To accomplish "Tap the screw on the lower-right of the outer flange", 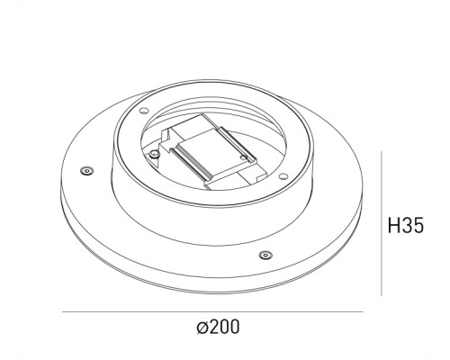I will pyautogui.click(x=264, y=255).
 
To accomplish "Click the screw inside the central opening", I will pyautogui.click(x=156, y=155).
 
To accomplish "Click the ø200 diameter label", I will pyautogui.click(x=218, y=328).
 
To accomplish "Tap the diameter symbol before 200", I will pyautogui.click(x=201, y=328).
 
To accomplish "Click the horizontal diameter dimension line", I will pyautogui.click(x=213, y=312).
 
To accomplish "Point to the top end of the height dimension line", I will pyautogui.click(x=382, y=153).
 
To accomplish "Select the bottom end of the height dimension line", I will pyautogui.click(x=382, y=294).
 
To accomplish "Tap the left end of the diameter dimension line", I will pyautogui.click(x=63, y=312).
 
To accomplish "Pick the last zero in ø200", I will pyautogui.click(x=234, y=328).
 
